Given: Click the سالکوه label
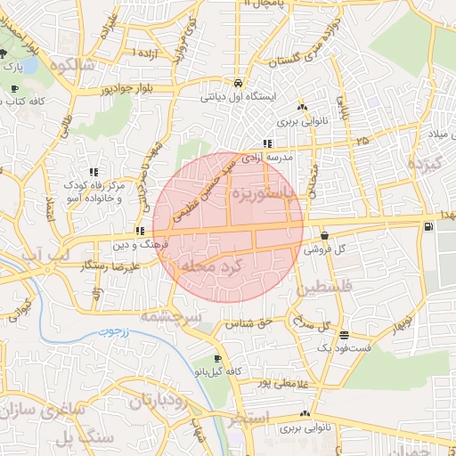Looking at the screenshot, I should tap(72, 64).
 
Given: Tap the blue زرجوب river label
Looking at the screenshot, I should tap(112, 333).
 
